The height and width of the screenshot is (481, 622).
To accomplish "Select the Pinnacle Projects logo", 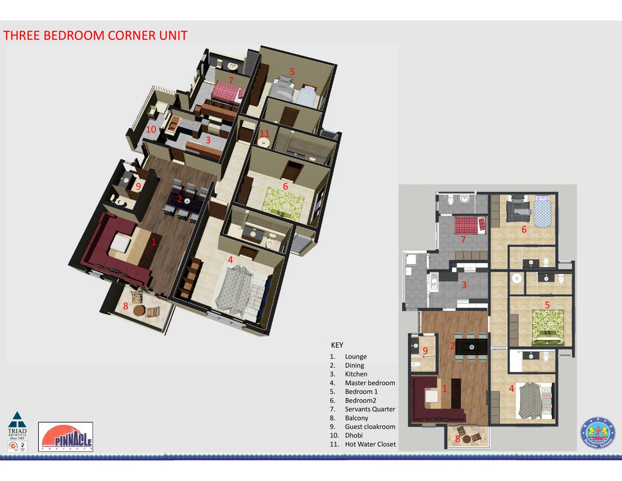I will tap(66, 436).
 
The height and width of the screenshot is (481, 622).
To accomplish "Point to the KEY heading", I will tap(337, 345).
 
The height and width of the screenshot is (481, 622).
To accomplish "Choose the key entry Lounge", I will tap(356, 356).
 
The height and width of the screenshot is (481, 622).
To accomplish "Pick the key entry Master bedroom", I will tap(370, 383).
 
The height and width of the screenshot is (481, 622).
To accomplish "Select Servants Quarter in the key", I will tap(370, 409).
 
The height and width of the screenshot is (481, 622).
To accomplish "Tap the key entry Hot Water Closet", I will tap(370, 444).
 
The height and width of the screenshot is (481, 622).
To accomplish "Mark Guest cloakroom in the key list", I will tap(370, 427).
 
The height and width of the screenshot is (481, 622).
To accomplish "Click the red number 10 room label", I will tap(151, 130).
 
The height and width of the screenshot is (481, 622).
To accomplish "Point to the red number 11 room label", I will tap(264, 134).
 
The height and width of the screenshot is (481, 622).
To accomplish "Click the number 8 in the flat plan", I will tap(458, 439).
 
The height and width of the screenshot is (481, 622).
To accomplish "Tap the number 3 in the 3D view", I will tap(207, 140).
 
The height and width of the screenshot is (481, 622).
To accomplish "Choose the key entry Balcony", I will tap(357, 418).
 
